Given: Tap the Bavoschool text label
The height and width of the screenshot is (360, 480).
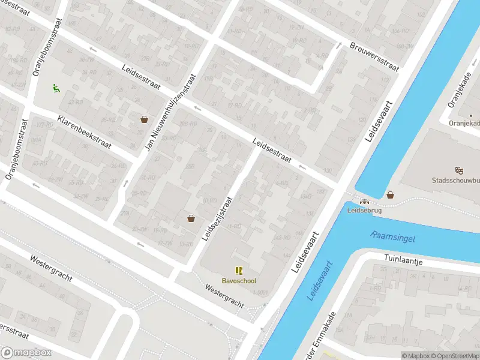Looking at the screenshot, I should (239, 280).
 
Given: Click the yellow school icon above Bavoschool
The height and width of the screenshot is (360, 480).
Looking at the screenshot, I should (239, 271).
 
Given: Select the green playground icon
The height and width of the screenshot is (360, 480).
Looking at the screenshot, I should (56, 88).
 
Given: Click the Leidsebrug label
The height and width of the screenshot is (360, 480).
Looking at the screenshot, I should (364, 211).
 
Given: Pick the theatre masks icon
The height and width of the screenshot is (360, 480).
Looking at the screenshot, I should (459, 170).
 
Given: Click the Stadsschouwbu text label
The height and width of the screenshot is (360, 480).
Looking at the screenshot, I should (455, 180).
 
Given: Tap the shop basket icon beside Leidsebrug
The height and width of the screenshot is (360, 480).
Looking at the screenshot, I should (391, 194).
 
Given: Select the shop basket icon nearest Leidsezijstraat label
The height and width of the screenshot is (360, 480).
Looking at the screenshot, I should (191, 218).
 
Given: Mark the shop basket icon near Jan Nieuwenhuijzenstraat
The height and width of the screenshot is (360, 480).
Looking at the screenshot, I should (144, 119).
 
